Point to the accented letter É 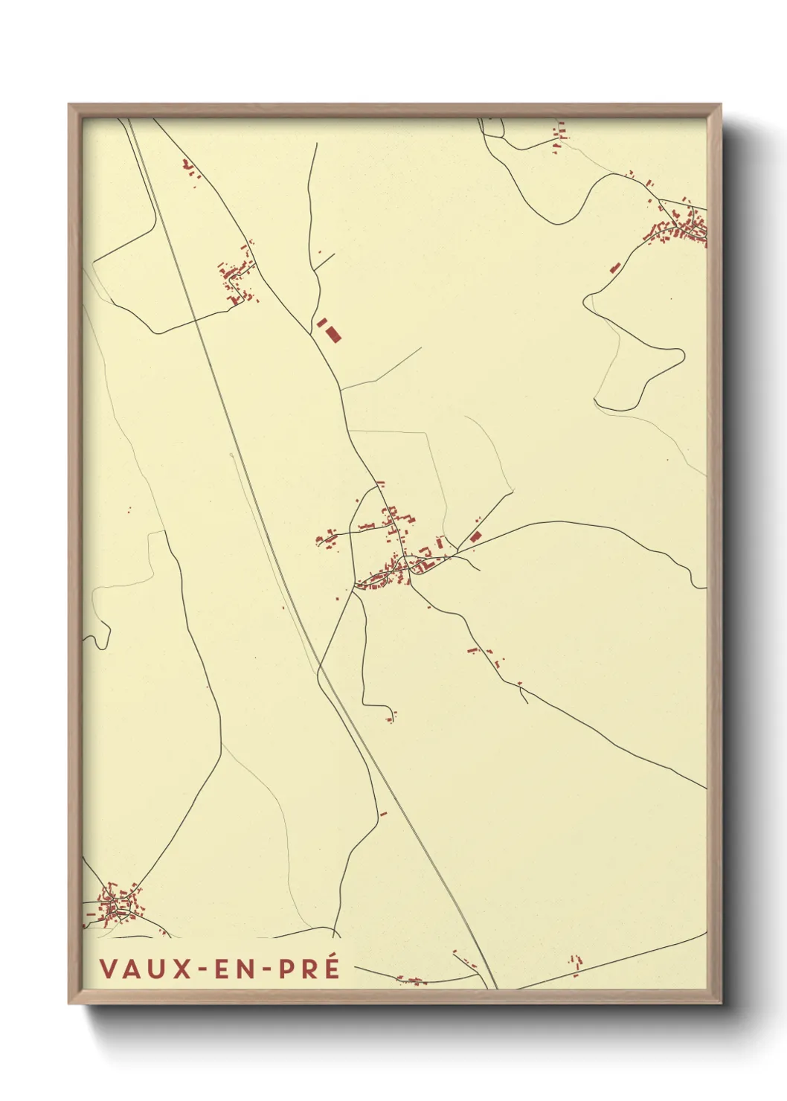[x=332, y=968]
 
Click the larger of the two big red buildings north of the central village [x=333, y=333]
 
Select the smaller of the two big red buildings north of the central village [x=322, y=323]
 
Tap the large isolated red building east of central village [x=475, y=536]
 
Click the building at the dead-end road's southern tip [x=391, y=717]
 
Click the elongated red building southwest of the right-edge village [x=614, y=268]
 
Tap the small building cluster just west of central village [x=327, y=537]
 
